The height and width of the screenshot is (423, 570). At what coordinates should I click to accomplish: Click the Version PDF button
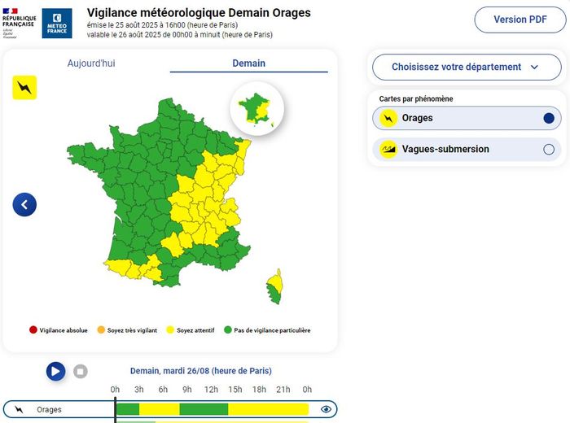(x=520, y=20)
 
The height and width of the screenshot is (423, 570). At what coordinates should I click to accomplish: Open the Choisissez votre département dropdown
(x=466, y=68)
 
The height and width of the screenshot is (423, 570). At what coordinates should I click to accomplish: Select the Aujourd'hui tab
(x=91, y=63)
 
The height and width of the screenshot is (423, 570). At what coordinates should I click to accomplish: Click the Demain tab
(x=248, y=63)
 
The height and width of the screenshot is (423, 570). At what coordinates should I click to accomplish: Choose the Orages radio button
(x=548, y=119)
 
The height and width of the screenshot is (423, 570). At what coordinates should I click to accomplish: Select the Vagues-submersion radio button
(x=548, y=150)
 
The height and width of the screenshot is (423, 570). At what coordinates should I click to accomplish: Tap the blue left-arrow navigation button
(x=24, y=204)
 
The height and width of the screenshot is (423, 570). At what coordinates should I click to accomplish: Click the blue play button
(x=55, y=372)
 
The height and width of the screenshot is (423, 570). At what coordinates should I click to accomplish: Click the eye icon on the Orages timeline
(x=326, y=409)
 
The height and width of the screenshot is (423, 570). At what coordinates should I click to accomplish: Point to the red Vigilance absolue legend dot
(x=33, y=330)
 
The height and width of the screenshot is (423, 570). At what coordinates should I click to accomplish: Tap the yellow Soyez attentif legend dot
(x=170, y=330)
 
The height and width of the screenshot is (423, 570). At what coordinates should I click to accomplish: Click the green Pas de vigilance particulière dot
(x=228, y=330)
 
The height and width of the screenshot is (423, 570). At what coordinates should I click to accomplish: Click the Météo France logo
(x=57, y=24)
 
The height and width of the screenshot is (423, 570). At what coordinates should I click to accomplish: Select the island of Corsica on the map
(x=275, y=286)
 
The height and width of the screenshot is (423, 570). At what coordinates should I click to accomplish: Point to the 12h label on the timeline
(x=211, y=390)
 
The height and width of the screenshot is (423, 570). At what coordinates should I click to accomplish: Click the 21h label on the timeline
(x=283, y=390)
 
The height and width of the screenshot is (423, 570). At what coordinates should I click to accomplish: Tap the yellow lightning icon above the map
(x=24, y=87)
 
